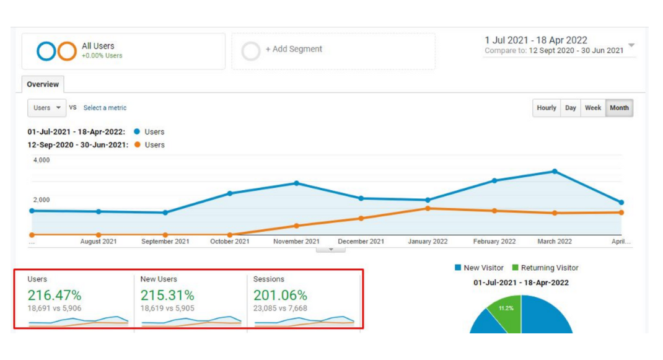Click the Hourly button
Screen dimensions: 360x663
(546, 108)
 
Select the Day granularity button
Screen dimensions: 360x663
(571, 108)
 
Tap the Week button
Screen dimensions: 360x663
(593, 108)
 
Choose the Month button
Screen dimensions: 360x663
(619, 108)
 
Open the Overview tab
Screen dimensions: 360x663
(43, 84)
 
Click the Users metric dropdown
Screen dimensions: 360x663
(47, 108)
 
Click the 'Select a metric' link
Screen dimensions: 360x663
(105, 108)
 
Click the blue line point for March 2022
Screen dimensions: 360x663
(555, 172)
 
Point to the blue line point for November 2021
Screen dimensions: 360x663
(297, 183)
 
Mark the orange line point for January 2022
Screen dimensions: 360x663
(428, 208)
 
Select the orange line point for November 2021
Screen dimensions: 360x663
(297, 226)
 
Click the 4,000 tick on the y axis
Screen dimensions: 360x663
(41, 160)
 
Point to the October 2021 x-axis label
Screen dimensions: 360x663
(230, 242)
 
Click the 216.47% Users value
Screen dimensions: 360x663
(55, 295)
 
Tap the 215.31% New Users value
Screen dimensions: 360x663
(167, 295)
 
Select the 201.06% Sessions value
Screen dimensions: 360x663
(280, 295)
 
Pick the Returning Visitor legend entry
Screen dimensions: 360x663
(545, 268)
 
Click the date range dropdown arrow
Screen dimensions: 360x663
(631, 45)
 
